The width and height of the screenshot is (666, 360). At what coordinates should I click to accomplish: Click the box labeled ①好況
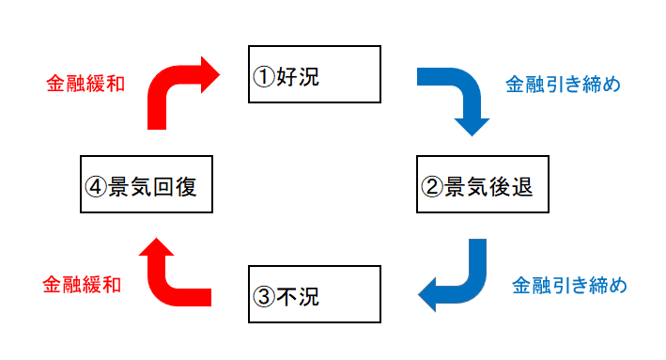tap(314, 73)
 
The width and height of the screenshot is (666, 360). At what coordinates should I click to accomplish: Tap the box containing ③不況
tap(314, 295)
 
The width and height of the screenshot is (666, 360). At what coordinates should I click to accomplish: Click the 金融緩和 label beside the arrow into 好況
tap(85, 84)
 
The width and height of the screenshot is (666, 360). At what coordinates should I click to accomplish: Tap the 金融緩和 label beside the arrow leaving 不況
tap(82, 283)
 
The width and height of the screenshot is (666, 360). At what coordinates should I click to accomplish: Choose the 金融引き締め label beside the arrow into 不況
tap(569, 283)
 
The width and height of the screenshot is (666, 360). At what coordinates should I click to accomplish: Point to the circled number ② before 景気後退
tap(431, 187)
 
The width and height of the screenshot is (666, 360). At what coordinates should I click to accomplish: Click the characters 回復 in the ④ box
tap(175, 186)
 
